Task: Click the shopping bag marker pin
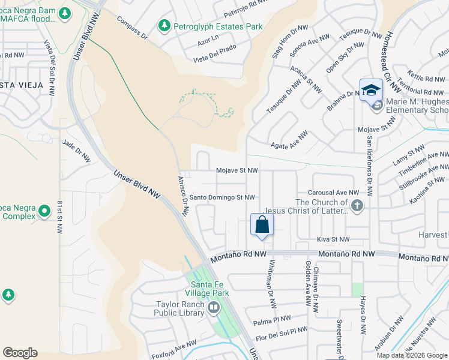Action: click(262, 225)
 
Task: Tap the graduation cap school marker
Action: click(371, 90)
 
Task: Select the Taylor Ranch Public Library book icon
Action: click(214, 308)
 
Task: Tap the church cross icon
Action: click(357, 206)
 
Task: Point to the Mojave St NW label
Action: click(237, 170)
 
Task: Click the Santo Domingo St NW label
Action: click(221, 197)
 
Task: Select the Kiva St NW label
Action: click(333, 239)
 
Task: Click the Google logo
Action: click(20, 353)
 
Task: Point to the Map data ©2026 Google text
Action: click(411, 355)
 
